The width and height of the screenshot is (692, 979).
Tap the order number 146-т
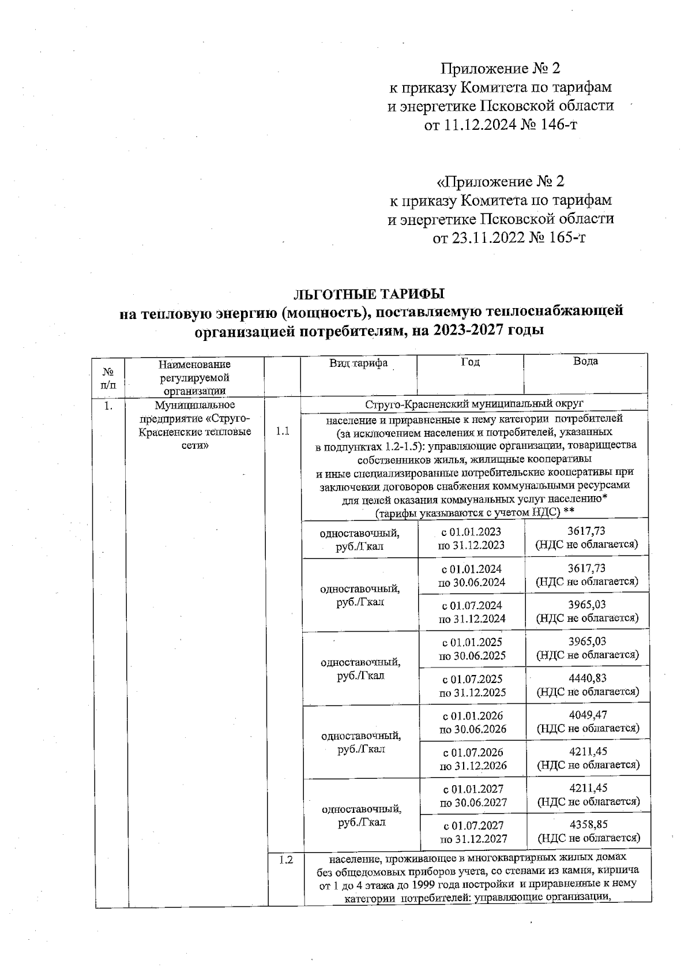(x=555, y=125)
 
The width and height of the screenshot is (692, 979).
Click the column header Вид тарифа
(x=358, y=363)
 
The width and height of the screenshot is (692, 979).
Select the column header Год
(x=470, y=362)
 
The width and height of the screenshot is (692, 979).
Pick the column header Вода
(x=585, y=361)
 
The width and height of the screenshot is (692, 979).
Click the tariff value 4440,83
(x=587, y=678)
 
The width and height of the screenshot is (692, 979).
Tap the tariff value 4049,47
(x=587, y=715)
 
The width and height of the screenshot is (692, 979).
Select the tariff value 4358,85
(x=587, y=824)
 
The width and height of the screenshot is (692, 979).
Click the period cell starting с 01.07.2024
(x=472, y=612)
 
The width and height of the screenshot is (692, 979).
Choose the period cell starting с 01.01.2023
(x=471, y=538)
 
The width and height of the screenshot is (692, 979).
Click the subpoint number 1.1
(x=283, y=431)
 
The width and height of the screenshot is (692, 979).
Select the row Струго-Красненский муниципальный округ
(x=474, y=403)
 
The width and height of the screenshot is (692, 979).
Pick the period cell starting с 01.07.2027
(x=473, y=832)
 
